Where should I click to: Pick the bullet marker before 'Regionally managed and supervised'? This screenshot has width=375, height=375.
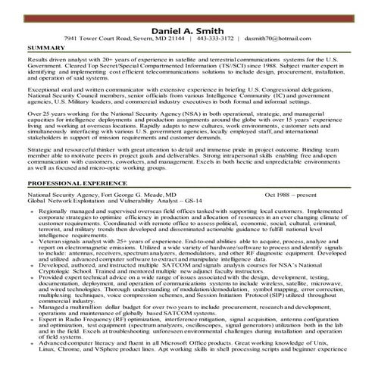point(30,211)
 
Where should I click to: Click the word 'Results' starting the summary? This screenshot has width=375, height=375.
point(37,58)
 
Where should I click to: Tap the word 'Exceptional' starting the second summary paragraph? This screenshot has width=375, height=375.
point(42,89)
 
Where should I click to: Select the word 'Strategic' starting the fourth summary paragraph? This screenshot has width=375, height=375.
point(39,149)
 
